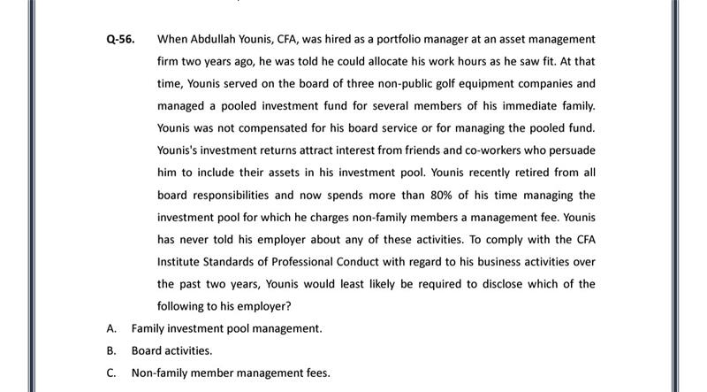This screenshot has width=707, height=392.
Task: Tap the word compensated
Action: (272, 128)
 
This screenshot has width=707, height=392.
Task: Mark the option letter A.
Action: (111, 328)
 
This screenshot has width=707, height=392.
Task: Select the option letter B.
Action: (111, 350)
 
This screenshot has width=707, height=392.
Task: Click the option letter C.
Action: (111, 373)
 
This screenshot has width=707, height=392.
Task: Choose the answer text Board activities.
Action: (171, 350)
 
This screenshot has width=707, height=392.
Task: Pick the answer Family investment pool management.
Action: (226, 328)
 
